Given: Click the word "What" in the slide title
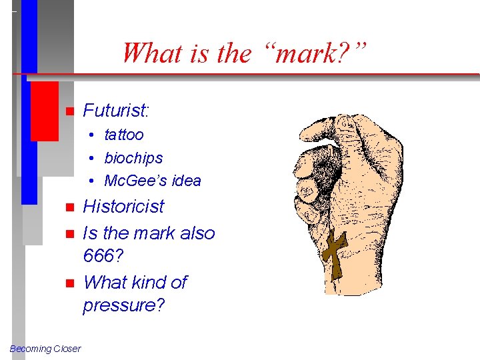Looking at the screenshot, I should [x=154, y=53].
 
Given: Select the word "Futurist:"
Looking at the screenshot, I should [x=116, y=110].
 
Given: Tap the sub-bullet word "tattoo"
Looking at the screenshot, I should [x=124, y=135].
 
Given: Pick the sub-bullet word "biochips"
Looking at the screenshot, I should [x=133, y=158].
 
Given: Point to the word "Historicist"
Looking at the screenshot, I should [x=123, y=207].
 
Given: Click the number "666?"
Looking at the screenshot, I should [x=104, y=256].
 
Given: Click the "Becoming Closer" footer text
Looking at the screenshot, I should [x=45, y=349].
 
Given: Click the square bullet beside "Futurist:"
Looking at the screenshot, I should [x=68, y=111].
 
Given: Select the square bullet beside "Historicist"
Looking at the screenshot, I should [x=68, y=207].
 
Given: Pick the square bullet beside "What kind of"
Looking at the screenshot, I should [x=68, y=283].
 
